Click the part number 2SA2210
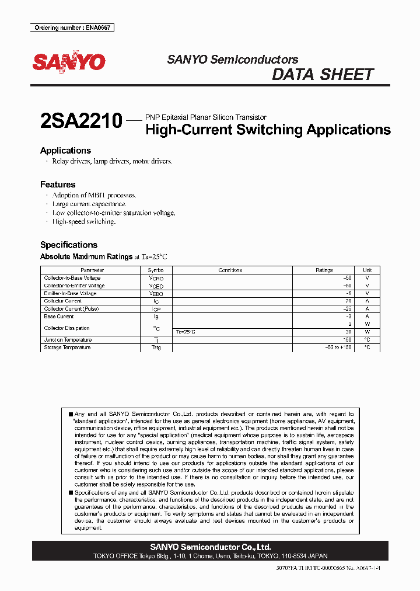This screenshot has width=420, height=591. click(81, 121)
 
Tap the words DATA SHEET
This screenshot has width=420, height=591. click(323, 75)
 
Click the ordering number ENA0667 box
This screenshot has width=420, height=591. click(72, 27)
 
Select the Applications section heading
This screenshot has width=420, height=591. click(65, 151)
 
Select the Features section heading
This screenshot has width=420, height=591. click(58, 185)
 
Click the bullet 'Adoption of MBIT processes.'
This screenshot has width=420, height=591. click(94, 195)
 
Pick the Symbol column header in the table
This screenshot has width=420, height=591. click(156, 270)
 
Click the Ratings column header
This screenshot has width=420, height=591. click(324, 270)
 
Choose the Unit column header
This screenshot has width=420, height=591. click(367, 270)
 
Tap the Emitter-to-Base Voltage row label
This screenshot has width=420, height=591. click(70, 293)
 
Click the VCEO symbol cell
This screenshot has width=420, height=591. click(156, 286)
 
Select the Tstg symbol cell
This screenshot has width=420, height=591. click(156, 347)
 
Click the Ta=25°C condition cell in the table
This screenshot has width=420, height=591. click(185, 332)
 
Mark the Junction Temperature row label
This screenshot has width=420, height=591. click(68, 340)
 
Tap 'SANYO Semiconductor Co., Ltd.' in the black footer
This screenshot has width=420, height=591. click(210, 547)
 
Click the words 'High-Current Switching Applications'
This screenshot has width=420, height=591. click(268, 130)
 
